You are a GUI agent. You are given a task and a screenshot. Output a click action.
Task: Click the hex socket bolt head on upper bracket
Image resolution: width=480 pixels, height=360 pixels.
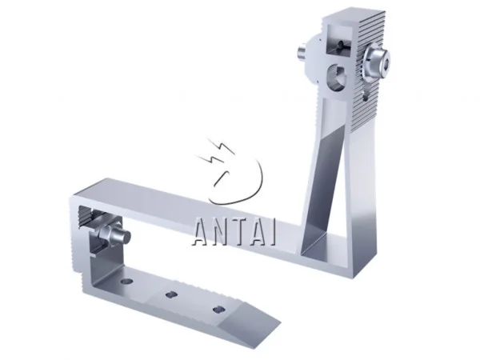(374, 60)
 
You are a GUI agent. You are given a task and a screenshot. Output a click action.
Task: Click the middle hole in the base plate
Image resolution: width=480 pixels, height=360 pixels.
(170, 296)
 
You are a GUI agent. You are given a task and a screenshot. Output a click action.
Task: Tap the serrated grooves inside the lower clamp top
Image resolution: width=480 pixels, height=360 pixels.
(90, 214)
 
